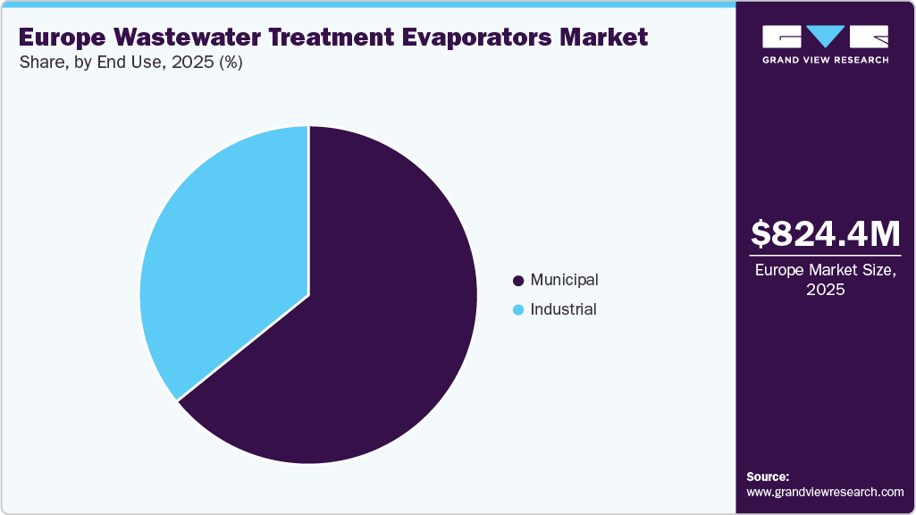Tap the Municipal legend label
click(564, 280)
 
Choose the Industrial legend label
click(563, 309)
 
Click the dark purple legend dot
click(517, 281)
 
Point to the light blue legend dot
click(517, 310)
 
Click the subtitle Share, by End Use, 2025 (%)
click(130, 63)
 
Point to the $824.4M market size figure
click(825, 233)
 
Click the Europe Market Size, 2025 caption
click(825, 279)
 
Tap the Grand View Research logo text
click(825, 60)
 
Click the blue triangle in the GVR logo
click(826, 37)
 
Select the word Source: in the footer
click(768, 477)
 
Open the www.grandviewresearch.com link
click(825, 492)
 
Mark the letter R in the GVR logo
click(870, 37)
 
